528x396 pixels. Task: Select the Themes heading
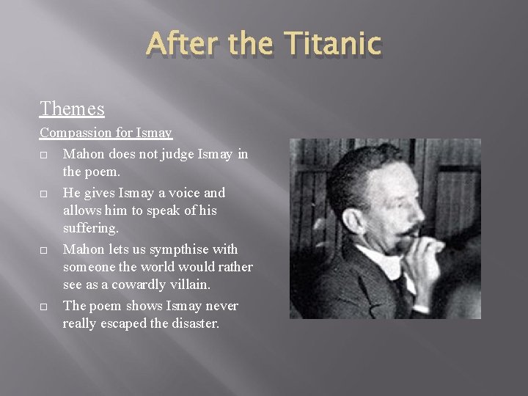[72, 109]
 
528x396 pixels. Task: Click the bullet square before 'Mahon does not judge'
[45, 155]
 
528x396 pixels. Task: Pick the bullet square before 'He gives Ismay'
[45, 194]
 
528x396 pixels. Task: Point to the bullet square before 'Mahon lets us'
[45, 251]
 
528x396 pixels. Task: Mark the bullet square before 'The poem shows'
[45, 307]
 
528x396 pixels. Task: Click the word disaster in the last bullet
[189, 323]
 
